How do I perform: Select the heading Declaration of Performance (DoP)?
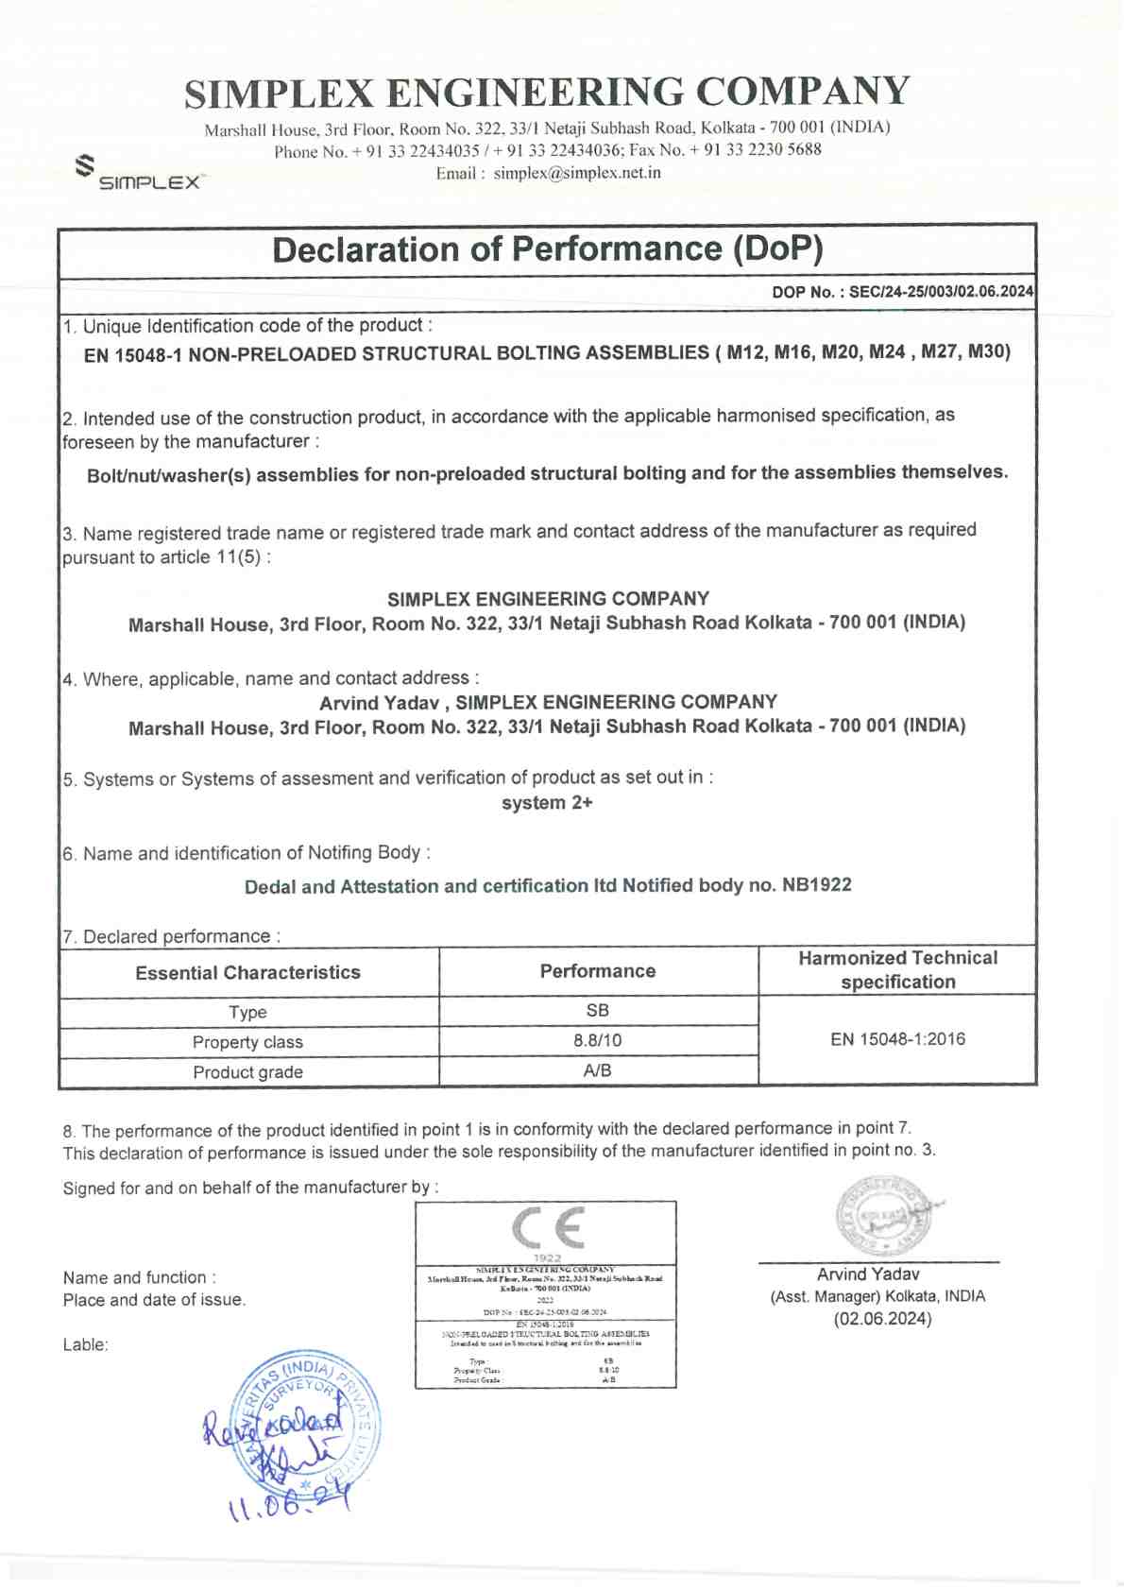pos(547,249)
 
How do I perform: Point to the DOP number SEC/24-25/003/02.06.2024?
pos(941,292)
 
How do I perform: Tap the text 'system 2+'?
pos(547,803)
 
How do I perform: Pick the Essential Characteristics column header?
pos(247,972)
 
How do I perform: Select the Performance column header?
pos(597,971)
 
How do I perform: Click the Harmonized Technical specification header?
pos(897,970)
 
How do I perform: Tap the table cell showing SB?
pos(597,1011)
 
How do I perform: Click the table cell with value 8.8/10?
pos(597,1041)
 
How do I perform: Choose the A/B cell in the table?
pos(597,1070)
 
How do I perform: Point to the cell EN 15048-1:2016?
pos(897,1039)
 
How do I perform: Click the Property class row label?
pos(247,1042)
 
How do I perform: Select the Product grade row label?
pos(247,1072)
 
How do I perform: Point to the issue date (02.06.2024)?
pos(882,1319)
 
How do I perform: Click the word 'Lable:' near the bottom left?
pos(86,1345)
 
